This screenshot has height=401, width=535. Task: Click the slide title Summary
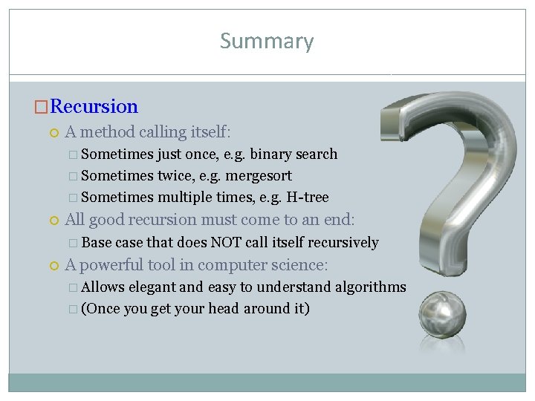tap(267, 42)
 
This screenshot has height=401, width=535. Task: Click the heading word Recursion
tap(94, 107)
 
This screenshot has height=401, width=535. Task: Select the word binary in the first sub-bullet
tap(271, 154)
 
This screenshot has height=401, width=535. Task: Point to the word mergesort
tap(259, 176)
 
